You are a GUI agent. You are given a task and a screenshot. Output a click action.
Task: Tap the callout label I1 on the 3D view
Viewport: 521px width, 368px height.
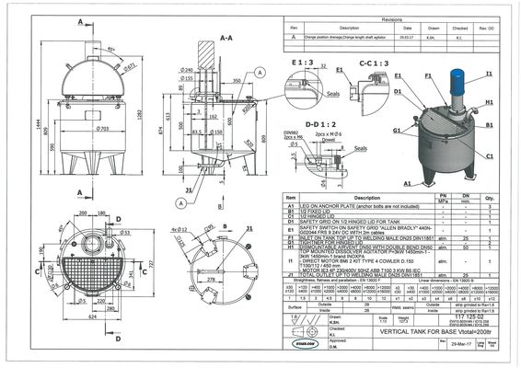489,73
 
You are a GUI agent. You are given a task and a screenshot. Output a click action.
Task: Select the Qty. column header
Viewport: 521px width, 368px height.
489,197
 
